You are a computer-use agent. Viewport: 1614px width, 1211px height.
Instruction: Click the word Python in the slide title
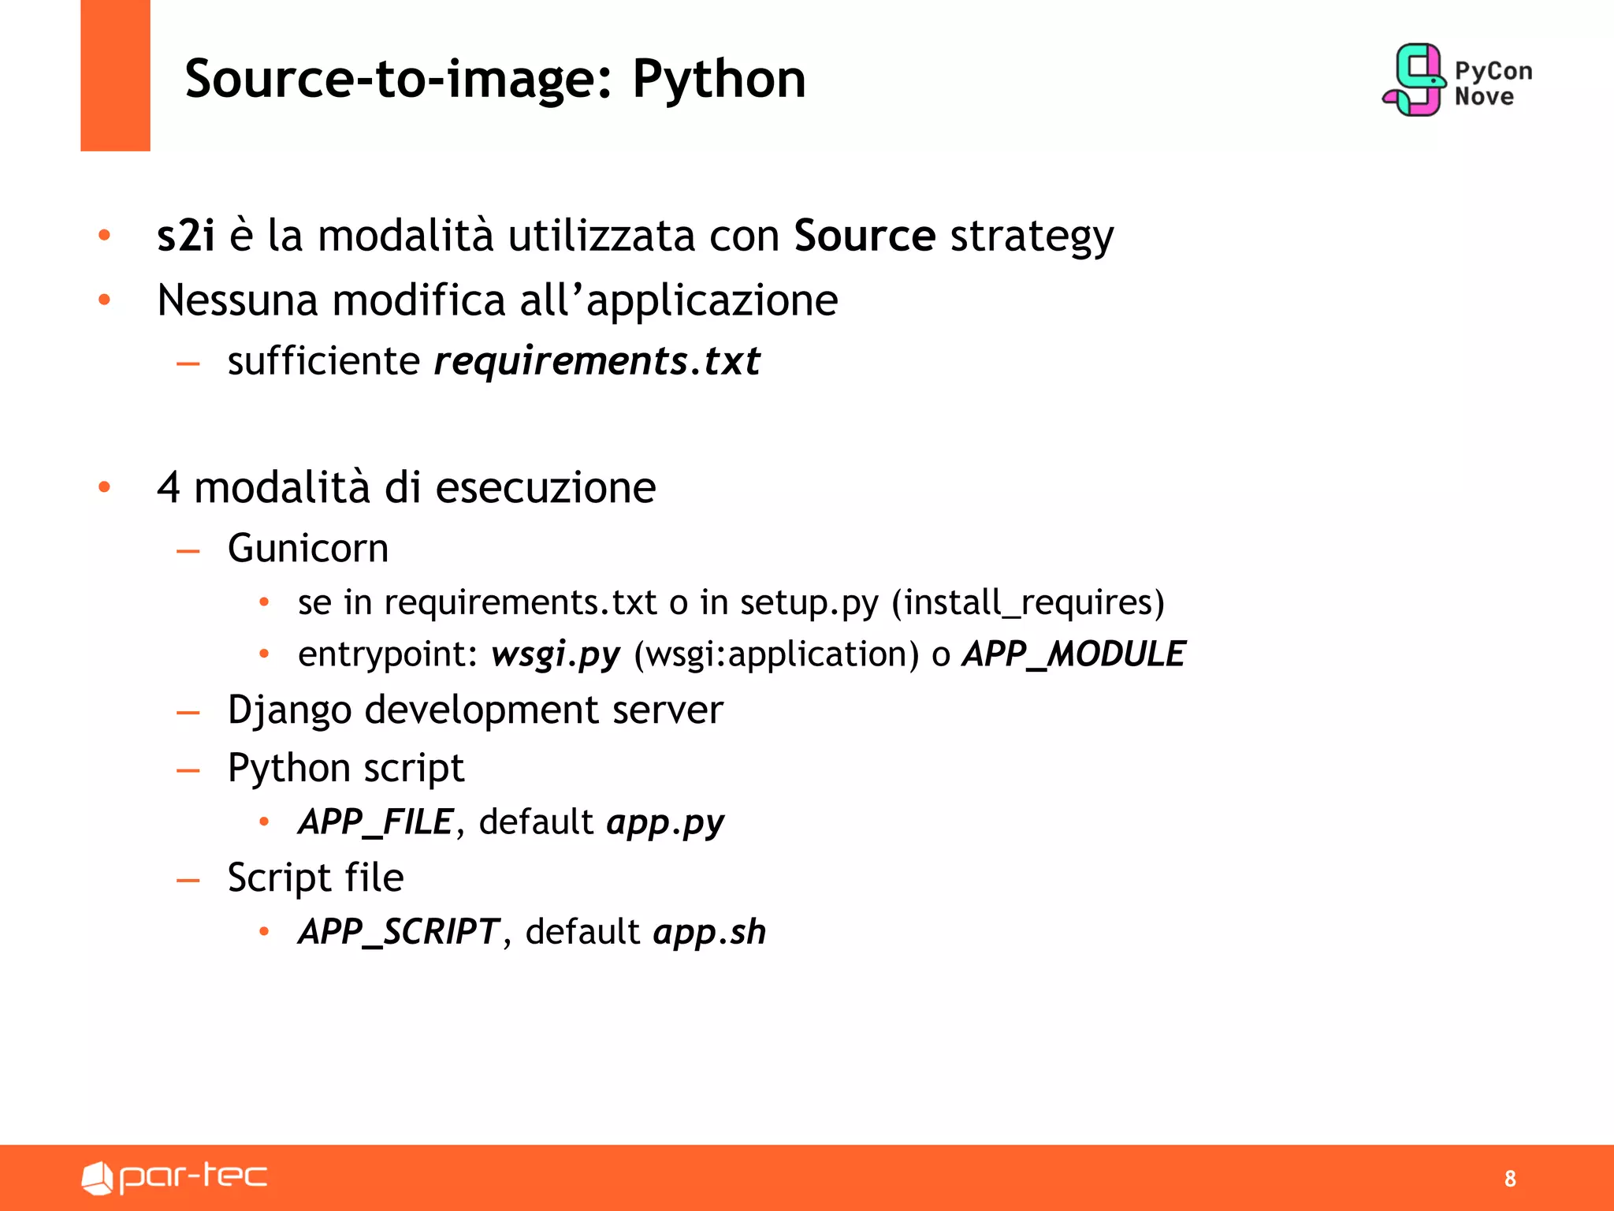pyautogui.click(x=719, y=80)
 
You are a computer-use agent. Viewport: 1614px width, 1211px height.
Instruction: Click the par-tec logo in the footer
pyautogui.click(x=174, y=1177)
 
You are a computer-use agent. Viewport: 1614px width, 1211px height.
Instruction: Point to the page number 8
pyautogui.click(x=1510, y=1179)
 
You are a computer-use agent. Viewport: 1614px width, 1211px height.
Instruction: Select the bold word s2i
pyautogui.click(x=186, y=235)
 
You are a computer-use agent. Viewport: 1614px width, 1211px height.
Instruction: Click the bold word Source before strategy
pyautogui.click(x=865, y=235)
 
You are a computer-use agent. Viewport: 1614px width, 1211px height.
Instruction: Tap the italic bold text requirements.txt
pyautogui.click(x=597, y=361)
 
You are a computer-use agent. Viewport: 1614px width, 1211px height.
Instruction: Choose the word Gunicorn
pyautogui.click(x=308, y=548)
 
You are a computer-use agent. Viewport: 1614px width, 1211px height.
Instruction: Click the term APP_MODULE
pyautogui.click(x=1073, y=654)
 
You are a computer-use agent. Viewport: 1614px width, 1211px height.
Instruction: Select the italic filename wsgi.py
pyautogui.click(x=556, y=654)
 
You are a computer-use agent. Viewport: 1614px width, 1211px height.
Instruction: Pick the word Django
pyautogui.click(x=289, y=710)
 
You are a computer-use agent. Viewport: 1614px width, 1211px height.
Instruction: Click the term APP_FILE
pyautogui.click(x=376, y=822)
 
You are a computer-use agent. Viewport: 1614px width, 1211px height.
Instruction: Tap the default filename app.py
pyautogui.click(x=665, y=822)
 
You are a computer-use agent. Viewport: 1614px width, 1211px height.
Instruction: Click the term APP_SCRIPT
pyautogui.click(x=399, y=931)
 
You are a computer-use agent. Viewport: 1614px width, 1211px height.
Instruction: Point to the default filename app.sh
pyautogui.click(x=709, y=931)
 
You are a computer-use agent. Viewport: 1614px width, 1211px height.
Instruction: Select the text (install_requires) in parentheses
pyautogui.click(x=1028, y=602)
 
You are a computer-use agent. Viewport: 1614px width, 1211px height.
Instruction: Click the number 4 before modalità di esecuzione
pyautogui.click(x=169, y=487)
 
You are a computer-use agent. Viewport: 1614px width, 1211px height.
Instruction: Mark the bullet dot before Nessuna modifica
pyautogui.click(x=104, y=300)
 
